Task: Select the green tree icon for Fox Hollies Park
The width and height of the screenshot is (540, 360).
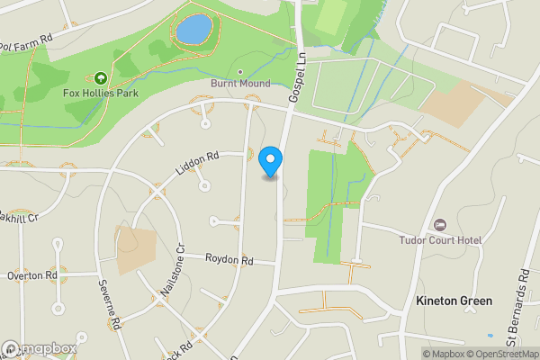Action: tap(99, 79)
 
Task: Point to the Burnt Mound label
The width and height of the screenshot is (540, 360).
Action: tap(240, 84)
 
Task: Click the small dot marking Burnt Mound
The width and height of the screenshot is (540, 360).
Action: tap(240, 71)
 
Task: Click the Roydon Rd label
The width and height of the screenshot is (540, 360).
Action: tap(229, 260)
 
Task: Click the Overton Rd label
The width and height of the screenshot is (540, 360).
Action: tap(32, 274)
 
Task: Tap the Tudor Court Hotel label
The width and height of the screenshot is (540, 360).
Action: tap(441, 240)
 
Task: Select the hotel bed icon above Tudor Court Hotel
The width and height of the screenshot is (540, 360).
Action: tap(440, 224)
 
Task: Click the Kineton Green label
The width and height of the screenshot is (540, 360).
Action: tap(454, 300)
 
